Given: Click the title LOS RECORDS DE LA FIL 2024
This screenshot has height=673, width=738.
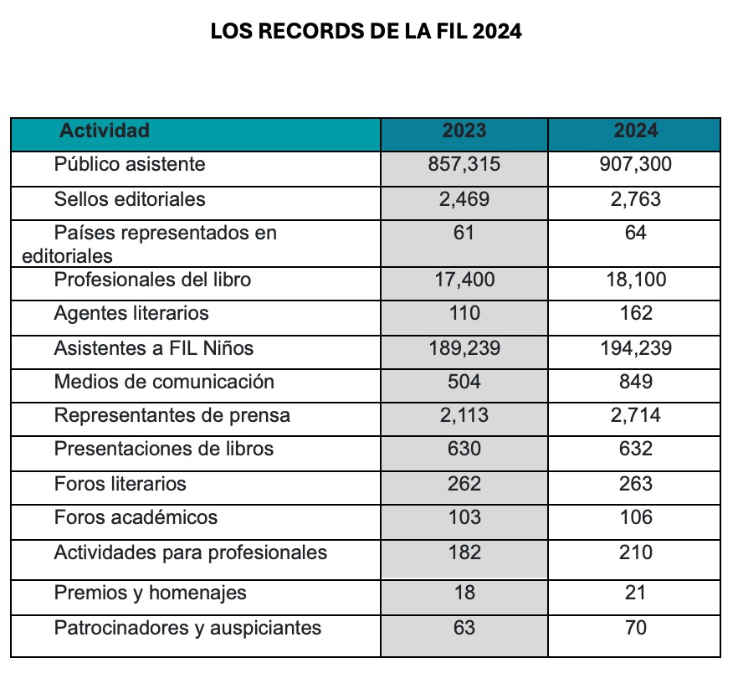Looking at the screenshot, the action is point(366,31).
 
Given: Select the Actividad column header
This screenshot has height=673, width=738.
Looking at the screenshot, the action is point(105,131).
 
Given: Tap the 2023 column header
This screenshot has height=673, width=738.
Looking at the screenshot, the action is point(464,131).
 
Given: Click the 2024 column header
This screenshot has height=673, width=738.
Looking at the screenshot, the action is point(635,131).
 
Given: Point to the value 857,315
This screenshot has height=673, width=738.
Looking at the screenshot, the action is point(464,164).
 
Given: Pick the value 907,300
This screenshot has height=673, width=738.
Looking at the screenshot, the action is point(635,164).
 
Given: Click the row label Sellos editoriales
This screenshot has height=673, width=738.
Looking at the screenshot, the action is point(130,199).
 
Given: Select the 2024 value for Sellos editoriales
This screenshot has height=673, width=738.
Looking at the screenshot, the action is point(635,199).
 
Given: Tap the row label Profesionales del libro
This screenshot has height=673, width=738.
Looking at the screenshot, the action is point(152,280).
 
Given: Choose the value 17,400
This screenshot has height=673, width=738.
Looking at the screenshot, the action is point(464,280).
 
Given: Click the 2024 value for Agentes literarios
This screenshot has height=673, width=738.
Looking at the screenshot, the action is point(636,313).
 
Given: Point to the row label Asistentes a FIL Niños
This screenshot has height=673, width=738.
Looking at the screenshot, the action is point(154,348).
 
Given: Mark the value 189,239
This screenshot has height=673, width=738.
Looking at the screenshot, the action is point(464,348).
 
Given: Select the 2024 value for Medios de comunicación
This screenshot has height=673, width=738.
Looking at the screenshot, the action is point(636,382).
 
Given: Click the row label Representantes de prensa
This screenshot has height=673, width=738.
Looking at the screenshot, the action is point(172,415).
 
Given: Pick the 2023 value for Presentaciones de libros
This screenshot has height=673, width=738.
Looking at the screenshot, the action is point(464,449).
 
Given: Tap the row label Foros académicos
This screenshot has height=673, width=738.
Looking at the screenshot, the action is point(136,517).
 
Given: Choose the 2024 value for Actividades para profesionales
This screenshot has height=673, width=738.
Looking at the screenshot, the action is point(636,552).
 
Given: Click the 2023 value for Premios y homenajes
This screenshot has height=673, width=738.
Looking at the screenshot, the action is point(464,593).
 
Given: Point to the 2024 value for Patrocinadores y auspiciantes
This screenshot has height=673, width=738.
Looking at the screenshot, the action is point(636,628).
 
